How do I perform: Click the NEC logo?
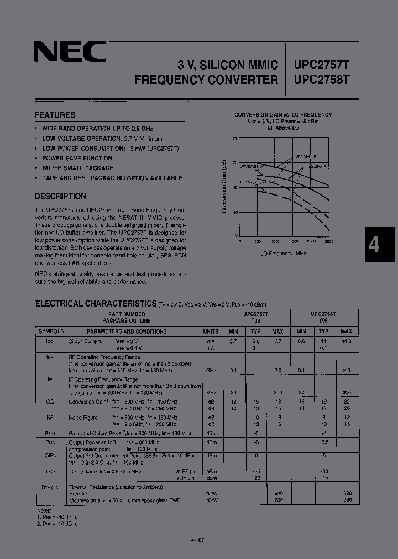point(70,53)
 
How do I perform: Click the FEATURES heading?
point(55,115)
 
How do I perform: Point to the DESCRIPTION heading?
point(60,196)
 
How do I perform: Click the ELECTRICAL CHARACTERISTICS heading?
point(96,303)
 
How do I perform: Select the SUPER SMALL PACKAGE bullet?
point(77,168)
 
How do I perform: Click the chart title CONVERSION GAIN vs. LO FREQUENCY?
point(282,115)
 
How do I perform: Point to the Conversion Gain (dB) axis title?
point(224,186)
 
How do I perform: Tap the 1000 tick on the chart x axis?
point(275,241)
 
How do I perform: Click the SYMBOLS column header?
point(51,331)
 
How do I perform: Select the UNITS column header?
point(211,331)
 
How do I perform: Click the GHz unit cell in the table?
point(211,370)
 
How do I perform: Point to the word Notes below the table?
point(44,511)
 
